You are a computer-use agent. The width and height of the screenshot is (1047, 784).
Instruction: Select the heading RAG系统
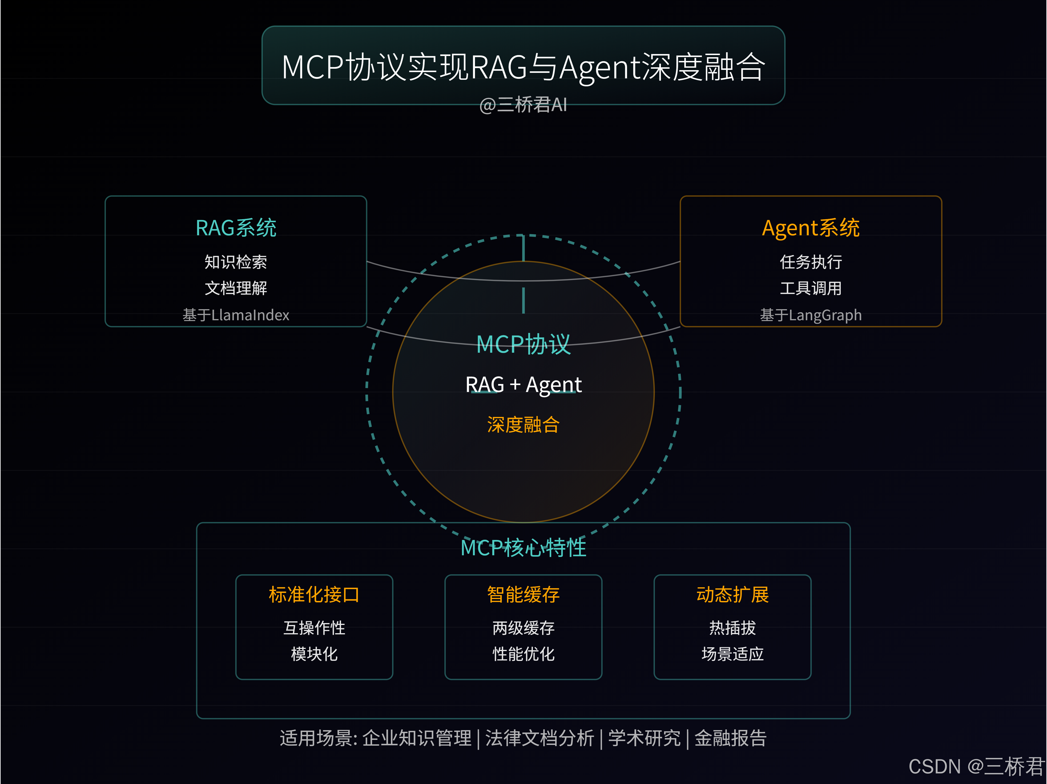coord(236,228)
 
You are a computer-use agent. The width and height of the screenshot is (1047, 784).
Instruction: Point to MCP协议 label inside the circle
coord(523,344)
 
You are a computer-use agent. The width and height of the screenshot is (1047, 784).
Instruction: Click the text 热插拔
coord(732,628)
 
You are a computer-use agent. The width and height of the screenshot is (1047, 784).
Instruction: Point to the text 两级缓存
coord(523,628)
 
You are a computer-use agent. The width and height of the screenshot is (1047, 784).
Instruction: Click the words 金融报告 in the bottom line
coord(730,738)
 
